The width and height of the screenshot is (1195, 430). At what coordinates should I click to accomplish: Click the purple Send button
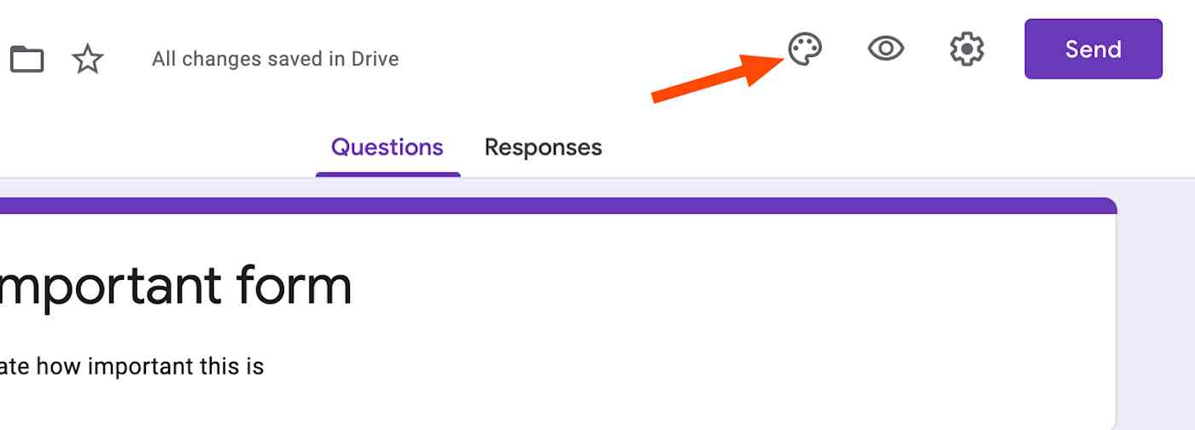1093,49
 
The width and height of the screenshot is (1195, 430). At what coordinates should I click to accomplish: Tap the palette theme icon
804,49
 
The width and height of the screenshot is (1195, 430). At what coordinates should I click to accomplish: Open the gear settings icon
967,49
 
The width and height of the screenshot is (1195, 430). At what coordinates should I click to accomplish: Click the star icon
87,59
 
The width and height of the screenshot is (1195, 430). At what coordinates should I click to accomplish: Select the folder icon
26,59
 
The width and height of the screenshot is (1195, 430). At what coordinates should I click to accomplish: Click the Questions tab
387,148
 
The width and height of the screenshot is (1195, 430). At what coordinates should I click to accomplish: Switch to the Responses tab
543,148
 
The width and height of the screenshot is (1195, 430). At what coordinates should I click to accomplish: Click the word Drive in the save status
375,59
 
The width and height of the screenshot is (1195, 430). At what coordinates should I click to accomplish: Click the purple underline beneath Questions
388,174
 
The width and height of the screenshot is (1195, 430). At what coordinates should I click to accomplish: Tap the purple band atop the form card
555,206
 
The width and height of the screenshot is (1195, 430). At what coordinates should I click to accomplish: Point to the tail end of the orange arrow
656,98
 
